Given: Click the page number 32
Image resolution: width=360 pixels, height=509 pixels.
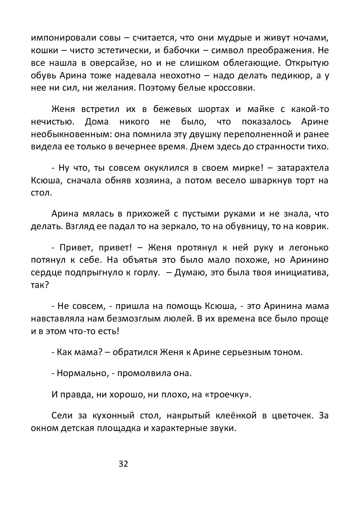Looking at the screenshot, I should pyautogui.click(x=123, y=464).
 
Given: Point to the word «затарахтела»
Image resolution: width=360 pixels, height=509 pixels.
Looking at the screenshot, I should pyautogui.click(x=303, y=168).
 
